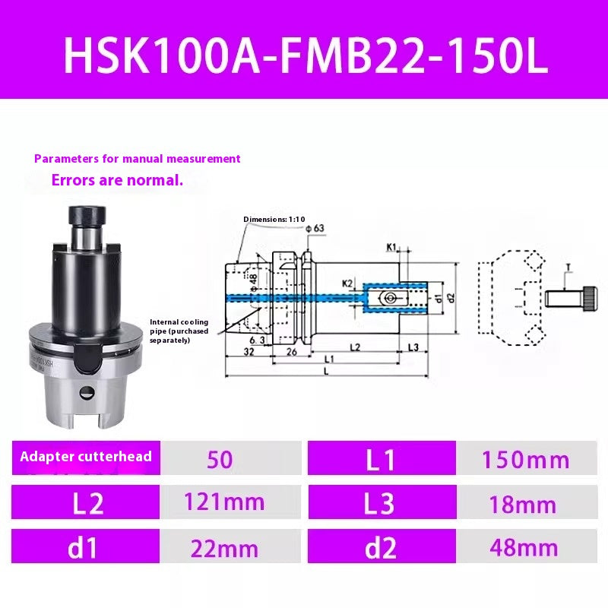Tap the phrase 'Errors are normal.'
click(x=117, y=181)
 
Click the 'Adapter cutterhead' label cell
click(x=86, y=457)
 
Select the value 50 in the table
click(x=220, y=459)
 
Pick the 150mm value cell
click(x=525, y=459)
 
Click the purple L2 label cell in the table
click(x=86, y=503)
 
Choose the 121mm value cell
click(x=225, y=502)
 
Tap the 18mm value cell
click(x=525, y=504)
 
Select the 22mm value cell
click(x=225, y=548)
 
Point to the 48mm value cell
click(x=525, y=548)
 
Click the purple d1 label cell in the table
click(x=86, y=548)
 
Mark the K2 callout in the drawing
click(x=347, y=283)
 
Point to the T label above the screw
click(x=568, y=267)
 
